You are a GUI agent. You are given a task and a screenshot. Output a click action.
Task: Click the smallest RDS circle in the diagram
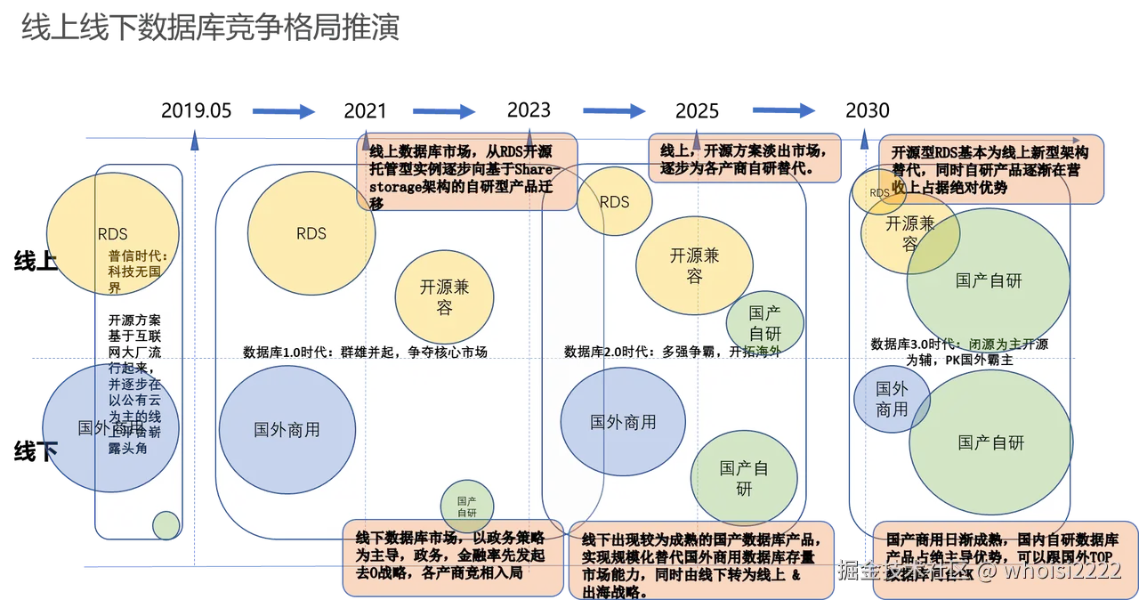tap(879, 192)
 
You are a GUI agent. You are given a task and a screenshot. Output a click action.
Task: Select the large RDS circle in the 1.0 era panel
tap(311, 233)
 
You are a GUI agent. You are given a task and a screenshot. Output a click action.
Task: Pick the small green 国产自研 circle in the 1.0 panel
tap(467, 506)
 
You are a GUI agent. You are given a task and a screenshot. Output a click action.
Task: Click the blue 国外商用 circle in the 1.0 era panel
tap(287, 429)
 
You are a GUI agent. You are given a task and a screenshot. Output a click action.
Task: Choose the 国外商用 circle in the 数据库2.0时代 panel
tap(623, 422)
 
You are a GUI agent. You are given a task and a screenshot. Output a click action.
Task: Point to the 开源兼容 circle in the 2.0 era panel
tap(694, 264)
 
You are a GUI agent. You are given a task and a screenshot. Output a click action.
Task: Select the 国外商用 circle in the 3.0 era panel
tap(891, 400)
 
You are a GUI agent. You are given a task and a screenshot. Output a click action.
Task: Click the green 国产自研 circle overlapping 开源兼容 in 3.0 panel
tap(989, 280)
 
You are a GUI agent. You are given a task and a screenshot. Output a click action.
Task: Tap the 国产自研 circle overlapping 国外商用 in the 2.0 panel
tap(744, 478)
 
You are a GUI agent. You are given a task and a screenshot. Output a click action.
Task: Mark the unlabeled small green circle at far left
tap(166, 525)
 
